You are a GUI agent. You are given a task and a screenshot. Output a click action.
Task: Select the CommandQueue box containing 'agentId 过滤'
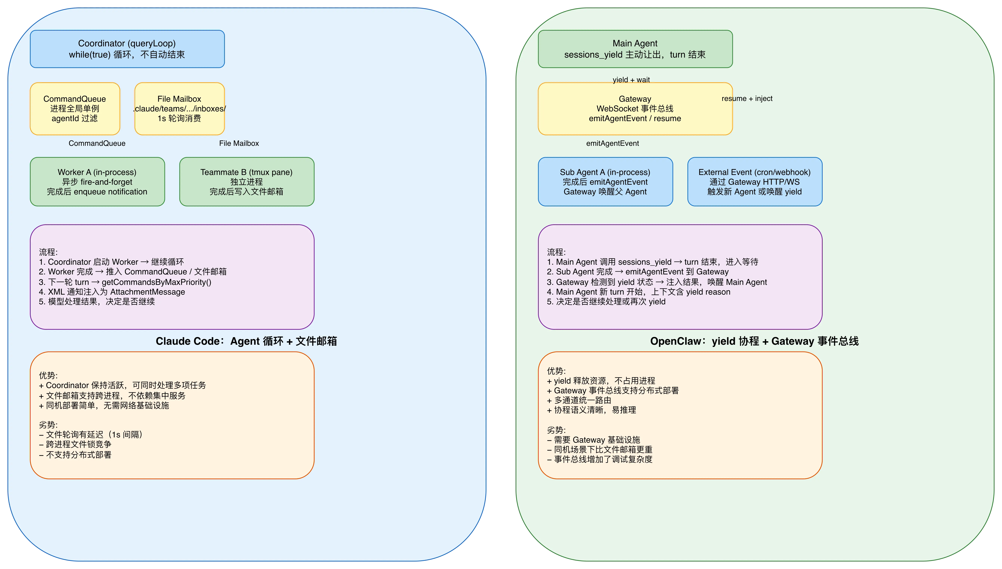click(75, 109)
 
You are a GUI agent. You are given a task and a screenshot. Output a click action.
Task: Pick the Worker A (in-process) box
click(97, 182)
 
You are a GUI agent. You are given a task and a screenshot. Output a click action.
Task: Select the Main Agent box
click(635, 49)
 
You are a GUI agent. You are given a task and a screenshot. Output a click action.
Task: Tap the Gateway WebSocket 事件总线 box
click(635, 109)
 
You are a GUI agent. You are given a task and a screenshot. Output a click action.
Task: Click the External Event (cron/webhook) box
click(754, 182)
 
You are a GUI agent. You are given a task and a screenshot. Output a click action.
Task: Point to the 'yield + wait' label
click(631, 80)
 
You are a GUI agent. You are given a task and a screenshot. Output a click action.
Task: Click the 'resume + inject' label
click(747, 99)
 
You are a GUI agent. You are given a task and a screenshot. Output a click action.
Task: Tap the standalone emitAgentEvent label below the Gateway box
click(612, 143)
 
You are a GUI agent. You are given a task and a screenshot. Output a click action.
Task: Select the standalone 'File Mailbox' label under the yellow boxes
click(239, 143)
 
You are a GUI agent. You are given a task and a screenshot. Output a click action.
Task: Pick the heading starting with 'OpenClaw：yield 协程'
click(754, 341)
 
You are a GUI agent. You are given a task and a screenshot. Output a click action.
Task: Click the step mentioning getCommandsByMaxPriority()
click(125, 282)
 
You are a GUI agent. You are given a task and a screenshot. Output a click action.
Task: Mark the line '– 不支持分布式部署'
click(75, 454)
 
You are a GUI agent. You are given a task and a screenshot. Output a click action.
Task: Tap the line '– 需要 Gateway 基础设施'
click(593, 440)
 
